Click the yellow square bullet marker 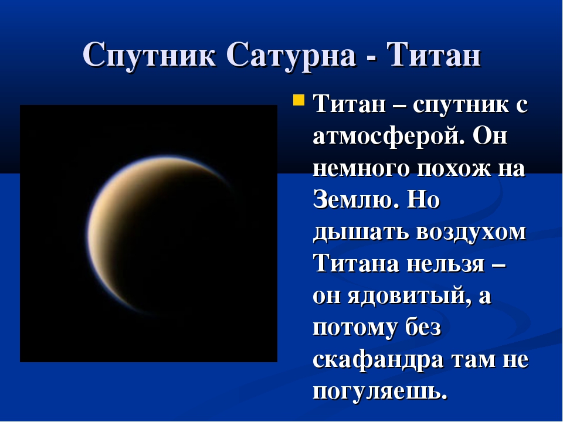click(x=299, y=100)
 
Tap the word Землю click(x=356, y=199)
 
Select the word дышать click(x=361, y=233)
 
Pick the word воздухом click(x=471, y=233)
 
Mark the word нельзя click(x=446, y=264)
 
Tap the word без click(x=423, y=327)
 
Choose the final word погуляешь click(x=380, y=391)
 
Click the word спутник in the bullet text click(x=461, y=105)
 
